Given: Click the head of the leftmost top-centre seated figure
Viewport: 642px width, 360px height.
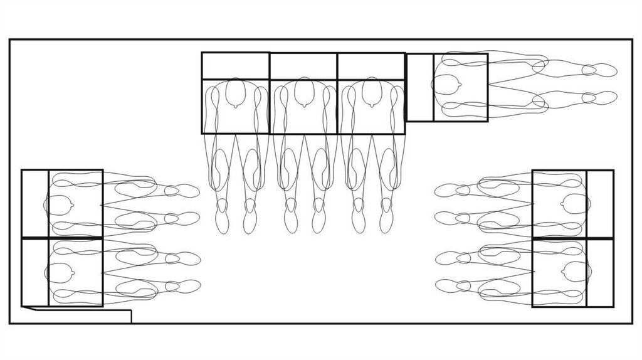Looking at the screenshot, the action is [x=235, y=93].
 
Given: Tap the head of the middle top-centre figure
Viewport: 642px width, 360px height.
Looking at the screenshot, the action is [x=303, y=93].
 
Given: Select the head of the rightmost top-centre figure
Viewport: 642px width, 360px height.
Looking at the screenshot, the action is [x=372, y=93].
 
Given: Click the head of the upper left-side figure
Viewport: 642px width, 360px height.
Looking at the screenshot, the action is [x=59, y=204].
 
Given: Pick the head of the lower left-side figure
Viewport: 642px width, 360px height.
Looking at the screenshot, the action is [x=60, y=272].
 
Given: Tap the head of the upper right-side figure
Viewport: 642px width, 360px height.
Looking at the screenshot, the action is [x=575, y=204].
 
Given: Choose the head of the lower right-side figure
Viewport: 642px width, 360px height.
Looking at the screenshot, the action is [x=575, y=272].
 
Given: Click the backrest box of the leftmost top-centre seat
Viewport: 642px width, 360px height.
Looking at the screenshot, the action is [x=235, y=66].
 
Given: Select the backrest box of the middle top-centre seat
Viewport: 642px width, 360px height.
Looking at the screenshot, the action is [x=303, y=66].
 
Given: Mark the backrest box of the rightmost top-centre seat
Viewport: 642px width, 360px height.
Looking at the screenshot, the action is [x=371, y=66].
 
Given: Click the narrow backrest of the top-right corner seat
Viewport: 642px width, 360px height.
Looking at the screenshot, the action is [x=419, y=87].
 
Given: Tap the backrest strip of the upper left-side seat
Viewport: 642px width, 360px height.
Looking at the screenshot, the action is [x=35, y=204].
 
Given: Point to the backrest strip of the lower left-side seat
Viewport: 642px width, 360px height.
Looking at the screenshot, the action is [x=35, y=272].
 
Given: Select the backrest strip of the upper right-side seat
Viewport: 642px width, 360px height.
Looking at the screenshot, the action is [x=600, y=204].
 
